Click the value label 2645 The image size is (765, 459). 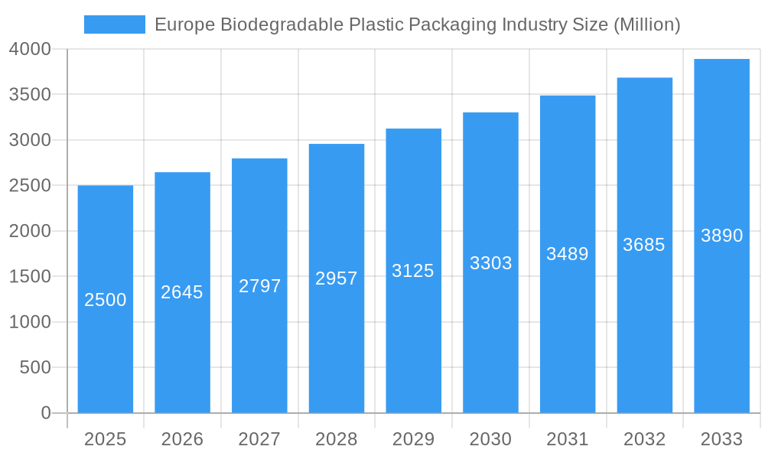[x=182, y=292]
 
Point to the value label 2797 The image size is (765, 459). [x=260, y=286]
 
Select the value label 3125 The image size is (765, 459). [x=413, y=271]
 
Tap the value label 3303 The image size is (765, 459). [x=490, y=263]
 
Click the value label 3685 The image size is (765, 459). [x=644, y=245]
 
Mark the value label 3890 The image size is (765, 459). [x=721, y=236]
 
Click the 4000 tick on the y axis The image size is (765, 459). [x=30, y=50]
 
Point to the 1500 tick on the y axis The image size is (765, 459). [x=30, y=276]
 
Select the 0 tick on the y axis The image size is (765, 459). [x=45, y=413]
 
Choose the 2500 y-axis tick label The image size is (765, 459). [x=30, y=186]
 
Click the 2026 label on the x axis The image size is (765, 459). [x=182, y=439]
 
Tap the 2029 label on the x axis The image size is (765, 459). [x=413, y=439]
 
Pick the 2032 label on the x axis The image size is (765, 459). [x=644, y=439]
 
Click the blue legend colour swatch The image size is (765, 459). [x=115, y=24]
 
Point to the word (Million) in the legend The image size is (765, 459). [x=647, y=24]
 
